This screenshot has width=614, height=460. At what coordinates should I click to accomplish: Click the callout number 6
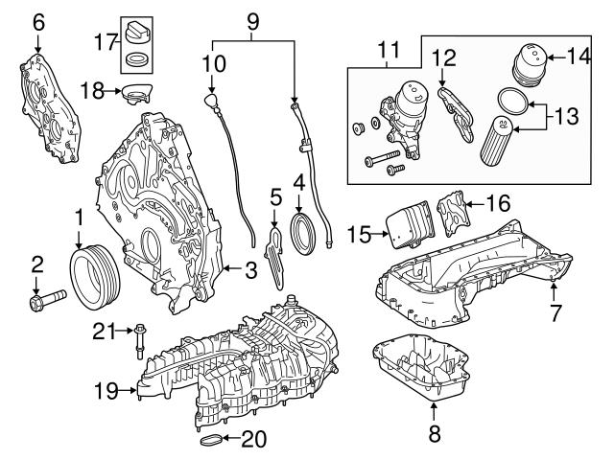tap(37, 20)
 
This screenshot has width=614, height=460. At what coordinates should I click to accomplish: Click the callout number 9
tap(252, 18)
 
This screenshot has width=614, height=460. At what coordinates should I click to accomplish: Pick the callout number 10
tap(214, 63)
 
